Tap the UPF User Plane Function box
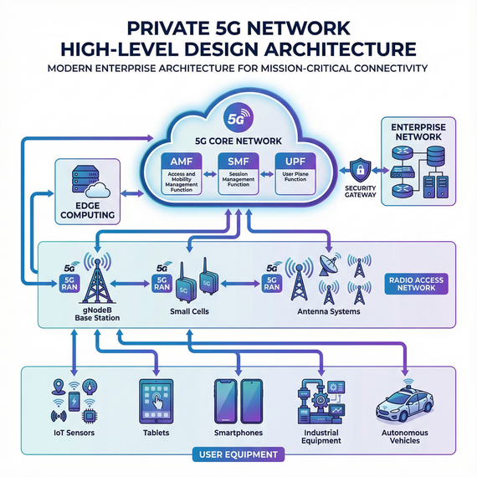point(293,172)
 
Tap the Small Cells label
point(190,312)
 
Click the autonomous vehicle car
point(405,405)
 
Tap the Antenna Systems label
point(328,312)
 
